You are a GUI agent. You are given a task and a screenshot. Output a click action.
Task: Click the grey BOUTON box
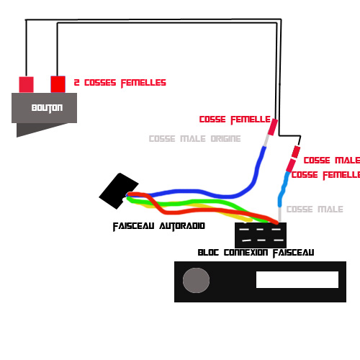coord(44,108)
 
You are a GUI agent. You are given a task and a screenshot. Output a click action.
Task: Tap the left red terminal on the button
coord(26,84)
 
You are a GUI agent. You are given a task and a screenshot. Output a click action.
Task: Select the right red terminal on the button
coord(58,84)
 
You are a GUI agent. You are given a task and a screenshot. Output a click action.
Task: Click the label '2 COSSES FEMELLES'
coord(120,83)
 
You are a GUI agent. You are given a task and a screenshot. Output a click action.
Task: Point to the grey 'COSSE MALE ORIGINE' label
coord(194,139)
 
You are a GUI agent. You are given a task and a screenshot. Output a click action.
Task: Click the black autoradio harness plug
coord(119,191)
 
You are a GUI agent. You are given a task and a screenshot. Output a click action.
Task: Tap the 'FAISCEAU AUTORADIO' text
coord(159,226)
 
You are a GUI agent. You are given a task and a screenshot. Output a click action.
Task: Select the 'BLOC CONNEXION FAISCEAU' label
coord(256,253)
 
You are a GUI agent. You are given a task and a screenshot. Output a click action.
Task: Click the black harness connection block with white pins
coord(261,235)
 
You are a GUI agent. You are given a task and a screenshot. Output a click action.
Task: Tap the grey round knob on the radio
coord(196,280)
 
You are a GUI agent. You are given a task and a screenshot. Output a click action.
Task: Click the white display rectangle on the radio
coord(297,279)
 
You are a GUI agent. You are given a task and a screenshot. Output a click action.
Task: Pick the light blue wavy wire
coord(283,189)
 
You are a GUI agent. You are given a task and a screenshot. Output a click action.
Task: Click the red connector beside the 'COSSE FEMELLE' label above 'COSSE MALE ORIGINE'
coord(273,127)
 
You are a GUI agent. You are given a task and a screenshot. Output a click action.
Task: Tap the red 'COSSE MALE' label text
coord(332,161)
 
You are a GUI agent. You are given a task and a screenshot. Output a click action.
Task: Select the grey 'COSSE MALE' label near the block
coord(315,210)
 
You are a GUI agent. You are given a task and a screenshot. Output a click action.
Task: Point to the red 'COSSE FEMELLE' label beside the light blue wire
coord(325,175)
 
